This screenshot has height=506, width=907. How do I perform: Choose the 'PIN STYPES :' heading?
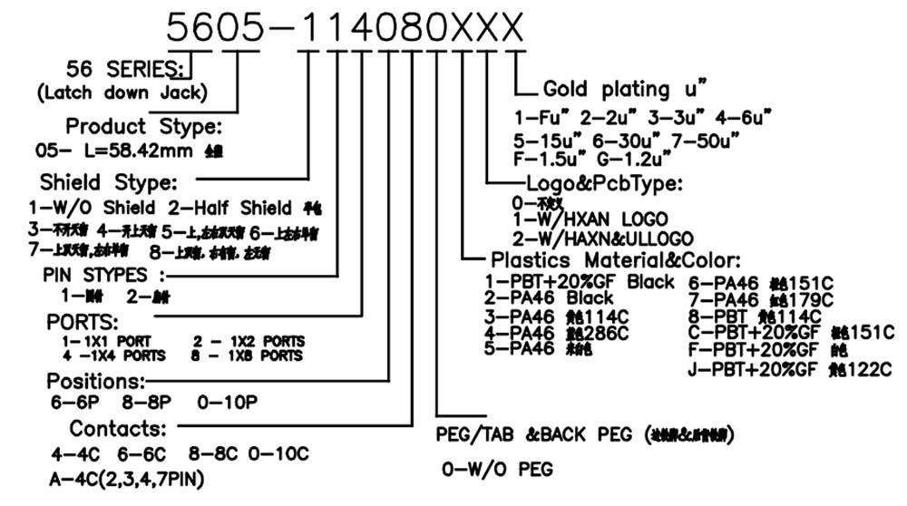[105, 274]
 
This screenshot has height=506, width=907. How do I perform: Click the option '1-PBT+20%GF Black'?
[580, 281]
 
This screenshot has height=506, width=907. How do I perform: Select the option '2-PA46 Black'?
[550, 298]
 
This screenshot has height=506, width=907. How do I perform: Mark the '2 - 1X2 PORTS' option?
[249, 341]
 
